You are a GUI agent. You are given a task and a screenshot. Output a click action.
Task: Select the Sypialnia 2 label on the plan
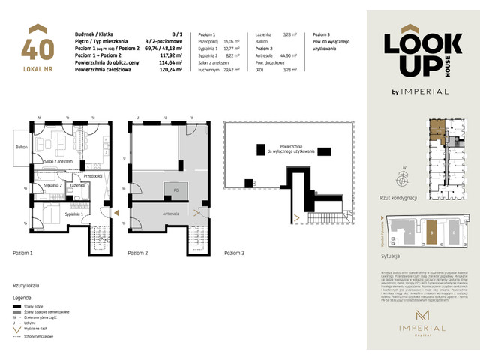coord(51,184)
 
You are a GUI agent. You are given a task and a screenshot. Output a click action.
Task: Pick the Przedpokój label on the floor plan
coord(93,176)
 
